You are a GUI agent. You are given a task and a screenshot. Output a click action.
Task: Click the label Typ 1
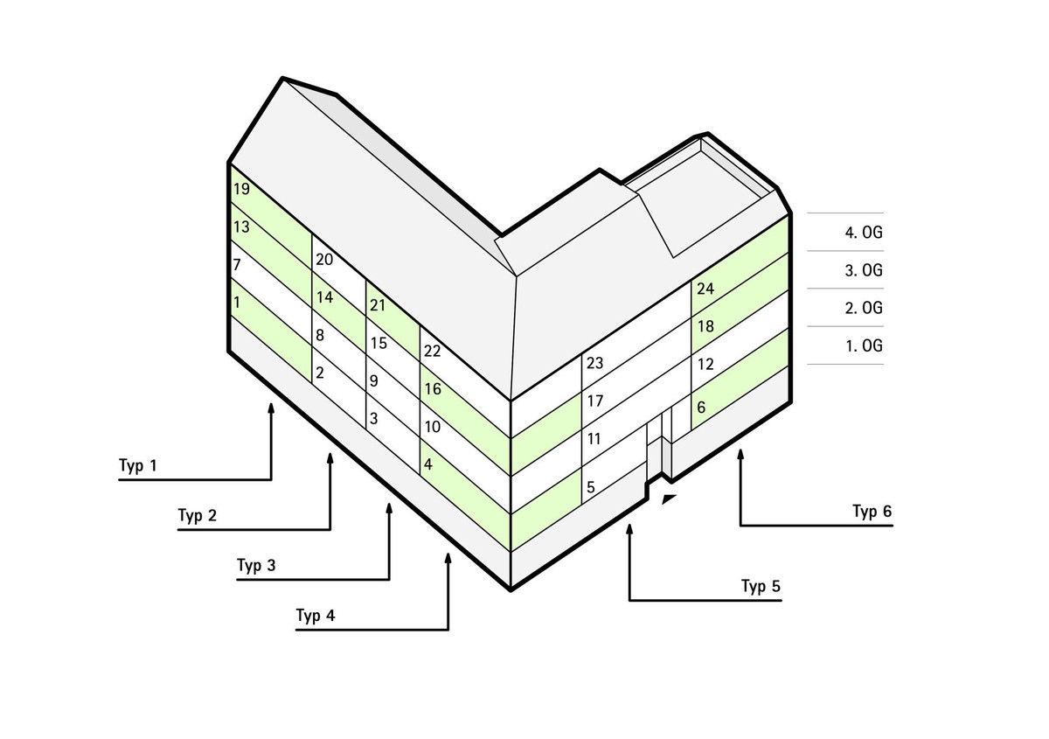click(x=138, y=465)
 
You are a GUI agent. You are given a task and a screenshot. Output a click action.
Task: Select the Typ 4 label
click(x=316, y=616)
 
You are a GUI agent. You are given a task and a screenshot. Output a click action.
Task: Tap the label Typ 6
click(x=872, y=512)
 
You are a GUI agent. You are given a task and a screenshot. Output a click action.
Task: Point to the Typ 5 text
click(x=760, y=586)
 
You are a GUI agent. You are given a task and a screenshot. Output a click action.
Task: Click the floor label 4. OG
click(x=863, y=233)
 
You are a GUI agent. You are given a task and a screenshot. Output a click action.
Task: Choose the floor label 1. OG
click(x=863, y=345)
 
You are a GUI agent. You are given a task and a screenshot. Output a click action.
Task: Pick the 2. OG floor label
click(x=863, y=308)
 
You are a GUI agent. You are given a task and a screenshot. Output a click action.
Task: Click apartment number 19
click(x=241, y=189)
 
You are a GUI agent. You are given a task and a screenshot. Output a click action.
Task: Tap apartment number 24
click(x=705, y=289)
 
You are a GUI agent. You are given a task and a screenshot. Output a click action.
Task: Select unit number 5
click(x=591, y=487)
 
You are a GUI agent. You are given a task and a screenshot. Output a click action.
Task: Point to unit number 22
click(x=432, y=352)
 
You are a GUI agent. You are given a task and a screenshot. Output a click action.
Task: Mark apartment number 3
click(x=373, y=419)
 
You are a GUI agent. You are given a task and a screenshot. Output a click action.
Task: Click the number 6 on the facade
click(x=701, y=407)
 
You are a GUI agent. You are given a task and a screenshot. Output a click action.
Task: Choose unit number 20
click(x=324, y=260)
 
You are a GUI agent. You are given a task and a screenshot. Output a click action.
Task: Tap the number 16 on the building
click(x=432, y=389)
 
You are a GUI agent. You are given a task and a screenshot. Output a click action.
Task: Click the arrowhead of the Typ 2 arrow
click(x=330, y=457)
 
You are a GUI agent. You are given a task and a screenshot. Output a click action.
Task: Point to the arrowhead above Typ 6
click(x=740, y=455)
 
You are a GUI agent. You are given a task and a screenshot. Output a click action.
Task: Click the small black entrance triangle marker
click(x=669, y=499)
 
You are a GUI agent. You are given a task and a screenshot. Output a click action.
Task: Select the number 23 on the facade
click(x=595, y=364)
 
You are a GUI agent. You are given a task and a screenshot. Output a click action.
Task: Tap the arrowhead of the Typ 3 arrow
click(x=389, y=507)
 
